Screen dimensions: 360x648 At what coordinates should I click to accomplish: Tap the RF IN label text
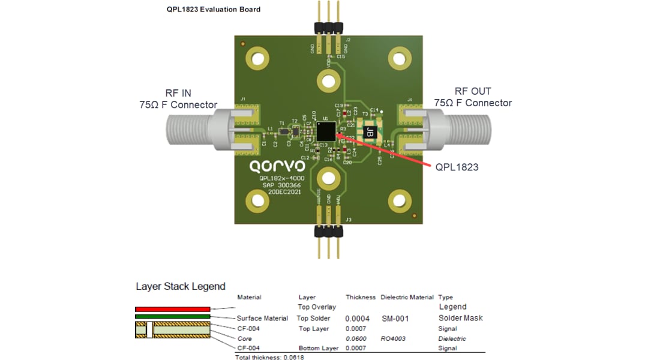click(178, 93)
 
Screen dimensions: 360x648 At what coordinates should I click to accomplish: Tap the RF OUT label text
click(473, 91)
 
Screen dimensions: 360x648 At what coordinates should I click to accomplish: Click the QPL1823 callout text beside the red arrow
click(457, 167)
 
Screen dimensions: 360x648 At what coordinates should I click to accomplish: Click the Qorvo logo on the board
click(277, 166)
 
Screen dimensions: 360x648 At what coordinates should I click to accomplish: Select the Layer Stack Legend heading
click(180, 286)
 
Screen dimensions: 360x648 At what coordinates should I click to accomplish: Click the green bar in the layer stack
click(172, 316)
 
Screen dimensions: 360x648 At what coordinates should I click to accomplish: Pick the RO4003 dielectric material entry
click(393, 338)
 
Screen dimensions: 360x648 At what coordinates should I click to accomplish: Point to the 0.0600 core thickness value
click(357, 338)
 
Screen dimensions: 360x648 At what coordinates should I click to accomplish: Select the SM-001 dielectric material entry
click(395, 319)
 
